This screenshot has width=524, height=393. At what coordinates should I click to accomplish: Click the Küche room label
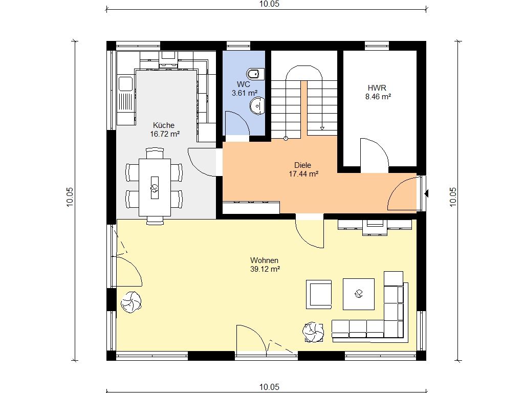click(x=164, y=125)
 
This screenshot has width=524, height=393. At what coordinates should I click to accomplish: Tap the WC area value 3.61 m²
click(x=245, y=93)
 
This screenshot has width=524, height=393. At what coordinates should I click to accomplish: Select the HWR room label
click(x=377, y=88)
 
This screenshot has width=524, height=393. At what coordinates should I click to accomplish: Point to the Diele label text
click(x=303, y=165)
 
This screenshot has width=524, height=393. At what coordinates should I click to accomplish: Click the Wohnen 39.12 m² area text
click(x=265, y=269)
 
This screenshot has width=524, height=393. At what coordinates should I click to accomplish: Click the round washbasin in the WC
click(x=257, y=106)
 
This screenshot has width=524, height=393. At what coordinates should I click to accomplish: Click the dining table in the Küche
click(x=155, y=187)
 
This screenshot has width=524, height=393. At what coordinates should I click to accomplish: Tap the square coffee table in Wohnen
click(x=359, y=294)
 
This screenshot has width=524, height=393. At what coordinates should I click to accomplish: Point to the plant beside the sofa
click(x=313, y=332)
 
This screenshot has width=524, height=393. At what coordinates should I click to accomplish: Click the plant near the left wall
click(x=131, y=302)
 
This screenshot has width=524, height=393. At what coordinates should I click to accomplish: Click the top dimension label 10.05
click(x=269, y=4)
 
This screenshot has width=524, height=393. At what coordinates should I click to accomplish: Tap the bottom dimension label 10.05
click(x=269, y=387)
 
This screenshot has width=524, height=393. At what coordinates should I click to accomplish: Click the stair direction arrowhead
click(x=322, y=128)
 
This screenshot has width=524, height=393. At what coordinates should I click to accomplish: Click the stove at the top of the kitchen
click(x=169, y=60)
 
